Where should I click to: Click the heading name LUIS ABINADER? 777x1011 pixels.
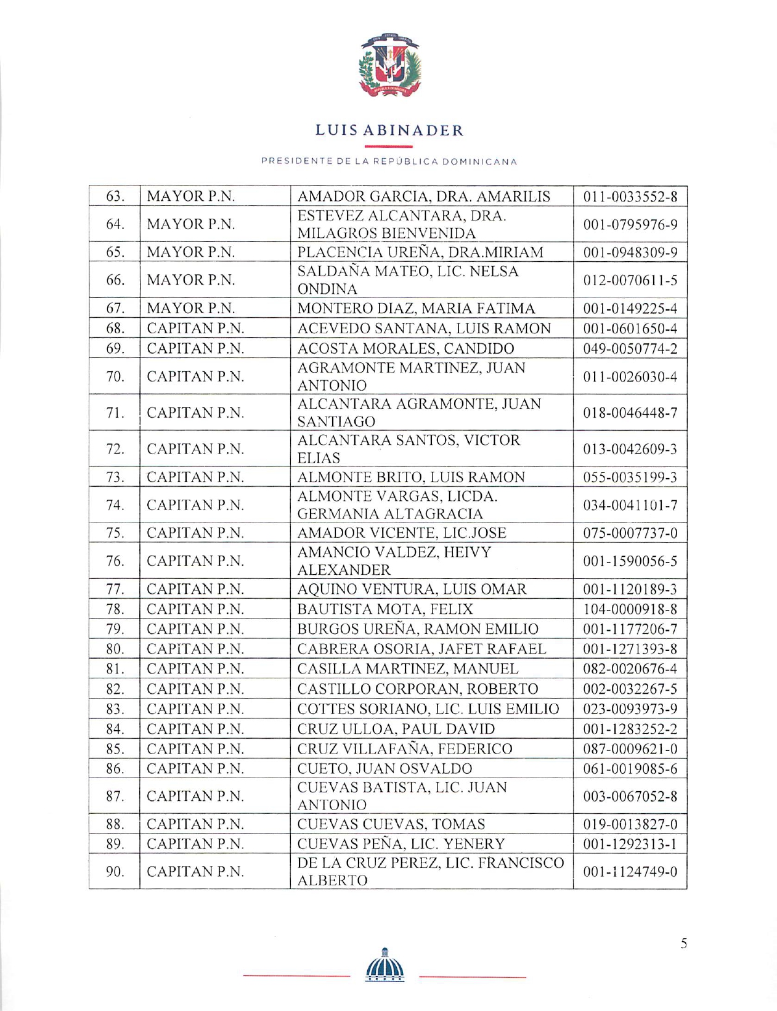click(389, 131)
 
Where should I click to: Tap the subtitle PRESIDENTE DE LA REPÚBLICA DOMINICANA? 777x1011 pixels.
click(389, 161)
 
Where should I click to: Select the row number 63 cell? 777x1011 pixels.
click(115, 197)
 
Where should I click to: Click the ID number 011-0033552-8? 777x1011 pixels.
click(630, 197)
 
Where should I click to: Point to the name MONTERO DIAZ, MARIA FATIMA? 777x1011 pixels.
click(416, 308)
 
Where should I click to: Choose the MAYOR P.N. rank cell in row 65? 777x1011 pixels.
click(191, 252)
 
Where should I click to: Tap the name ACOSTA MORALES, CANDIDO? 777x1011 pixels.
click(405, 348)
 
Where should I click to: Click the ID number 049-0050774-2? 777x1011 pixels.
click(630, 349)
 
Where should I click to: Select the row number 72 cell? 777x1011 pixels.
click(115, 449)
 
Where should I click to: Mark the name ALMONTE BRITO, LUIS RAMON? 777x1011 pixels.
click(411, 477)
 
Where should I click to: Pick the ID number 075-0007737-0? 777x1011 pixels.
click(630, 533)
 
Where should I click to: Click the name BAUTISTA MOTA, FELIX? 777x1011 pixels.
click(385, 609)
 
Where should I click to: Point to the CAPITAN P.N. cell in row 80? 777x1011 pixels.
click(195, 649)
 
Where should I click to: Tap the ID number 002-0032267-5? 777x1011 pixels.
click(630, 689)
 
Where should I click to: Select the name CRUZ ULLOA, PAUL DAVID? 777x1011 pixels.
click(396, 729)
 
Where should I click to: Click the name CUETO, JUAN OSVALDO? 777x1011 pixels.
click(384, 768)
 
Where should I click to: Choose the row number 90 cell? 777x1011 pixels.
click(115, 871)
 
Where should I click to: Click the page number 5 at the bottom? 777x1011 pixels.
click(683, 943)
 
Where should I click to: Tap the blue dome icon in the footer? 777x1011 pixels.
click(385, 965)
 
